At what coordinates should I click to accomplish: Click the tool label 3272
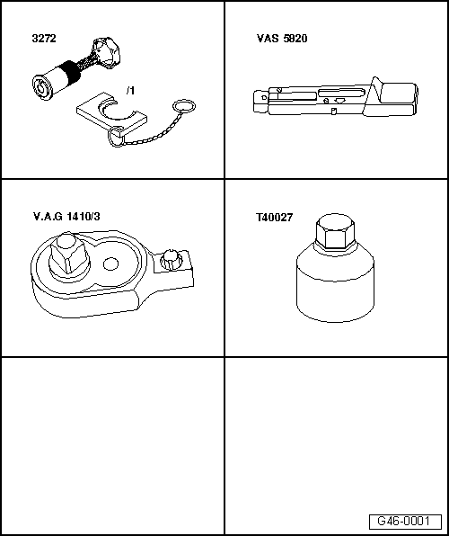(44, 39)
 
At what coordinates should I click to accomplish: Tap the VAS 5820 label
(282, 39)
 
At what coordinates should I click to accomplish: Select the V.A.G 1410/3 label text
(66, 217)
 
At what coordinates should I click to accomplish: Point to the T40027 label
(275, 218)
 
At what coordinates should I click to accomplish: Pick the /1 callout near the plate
(130, 91)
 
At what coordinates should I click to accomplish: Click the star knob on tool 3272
(106, 52)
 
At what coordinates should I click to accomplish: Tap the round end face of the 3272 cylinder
(42, 88)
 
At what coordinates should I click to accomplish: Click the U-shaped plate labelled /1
(111, 115)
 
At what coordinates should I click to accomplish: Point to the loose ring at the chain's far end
(184, 106)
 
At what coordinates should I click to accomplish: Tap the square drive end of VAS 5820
(260, 102)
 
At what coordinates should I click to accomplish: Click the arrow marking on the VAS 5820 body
(339, 101)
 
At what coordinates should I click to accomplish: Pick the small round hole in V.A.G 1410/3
(110, 264)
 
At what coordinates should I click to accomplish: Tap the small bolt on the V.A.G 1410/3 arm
(170, 261)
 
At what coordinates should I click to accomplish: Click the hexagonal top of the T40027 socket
(335, 231)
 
